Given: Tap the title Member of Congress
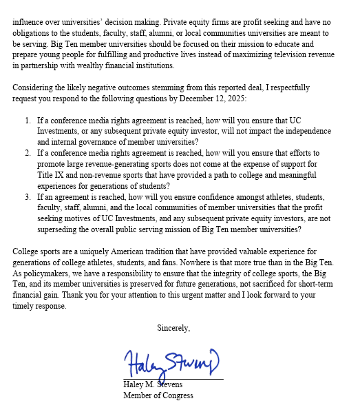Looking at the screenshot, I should click(158, 395).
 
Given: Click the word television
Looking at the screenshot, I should click(284, 56).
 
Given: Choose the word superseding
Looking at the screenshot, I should click(61, 229).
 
